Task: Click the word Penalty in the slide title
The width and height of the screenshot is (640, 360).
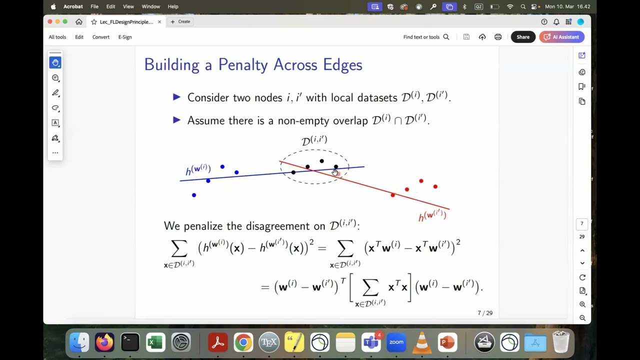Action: coord(253,65)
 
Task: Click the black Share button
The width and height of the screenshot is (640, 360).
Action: coord(523,37)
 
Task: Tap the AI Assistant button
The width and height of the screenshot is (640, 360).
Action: coord(561,37)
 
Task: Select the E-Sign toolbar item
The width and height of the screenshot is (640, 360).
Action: coord(125,37)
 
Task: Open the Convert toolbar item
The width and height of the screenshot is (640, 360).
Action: coord(100,37)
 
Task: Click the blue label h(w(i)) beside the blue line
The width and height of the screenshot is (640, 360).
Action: coord(198,169)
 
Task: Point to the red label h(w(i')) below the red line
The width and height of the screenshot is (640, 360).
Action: coord(432,215)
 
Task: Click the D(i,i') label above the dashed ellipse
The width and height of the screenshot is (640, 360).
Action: coord(314,140)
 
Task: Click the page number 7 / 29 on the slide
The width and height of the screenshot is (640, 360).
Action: coord(485,313)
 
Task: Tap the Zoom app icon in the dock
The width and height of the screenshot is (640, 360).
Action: coord(396,342)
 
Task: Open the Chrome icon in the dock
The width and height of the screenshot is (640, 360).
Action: coord(243,342)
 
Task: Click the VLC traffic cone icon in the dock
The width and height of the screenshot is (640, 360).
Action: coord(421,342)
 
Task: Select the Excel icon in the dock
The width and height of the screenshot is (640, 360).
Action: coord(155,342)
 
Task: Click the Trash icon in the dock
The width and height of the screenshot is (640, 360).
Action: coord(561,342)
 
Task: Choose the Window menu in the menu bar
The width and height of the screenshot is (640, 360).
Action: coord(150,6)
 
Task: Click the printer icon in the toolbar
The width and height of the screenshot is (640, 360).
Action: coord(498,37)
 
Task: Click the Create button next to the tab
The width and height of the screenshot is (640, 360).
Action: coord(180,21)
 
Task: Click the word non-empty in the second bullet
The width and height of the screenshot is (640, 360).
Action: coord(326,120)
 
